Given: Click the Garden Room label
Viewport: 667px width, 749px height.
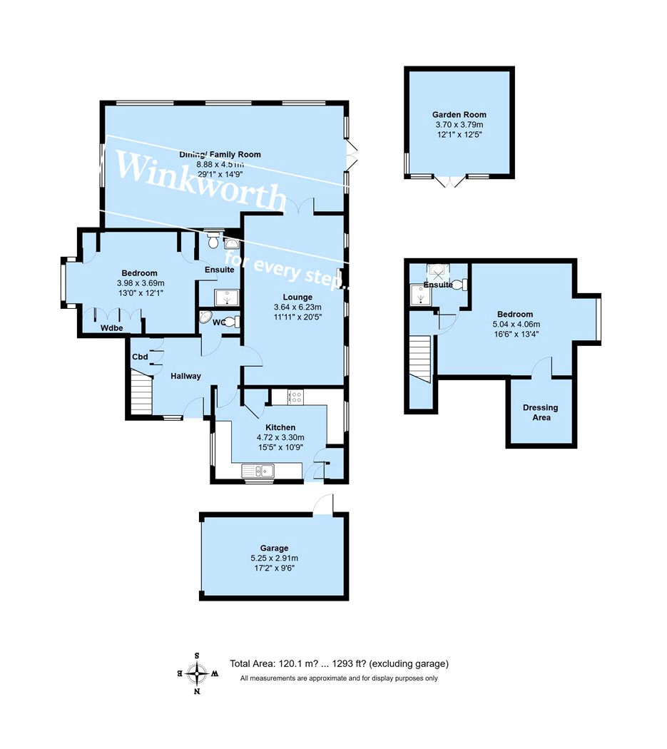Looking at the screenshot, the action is pos(459,115).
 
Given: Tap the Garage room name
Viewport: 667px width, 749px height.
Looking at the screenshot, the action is pos(274,548).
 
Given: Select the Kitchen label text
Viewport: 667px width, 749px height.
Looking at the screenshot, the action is pos(280,427).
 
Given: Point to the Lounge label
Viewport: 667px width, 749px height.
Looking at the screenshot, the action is pos(297,297).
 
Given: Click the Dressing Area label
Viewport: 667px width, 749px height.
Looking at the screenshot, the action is pos(541,412).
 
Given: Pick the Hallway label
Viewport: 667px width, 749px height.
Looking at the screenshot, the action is pos(186,376).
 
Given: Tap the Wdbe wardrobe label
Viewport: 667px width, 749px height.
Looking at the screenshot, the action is pos(112,328).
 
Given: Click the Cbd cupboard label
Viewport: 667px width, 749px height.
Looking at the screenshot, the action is pos(140,357).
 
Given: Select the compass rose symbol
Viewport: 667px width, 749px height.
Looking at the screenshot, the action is pos(197,673).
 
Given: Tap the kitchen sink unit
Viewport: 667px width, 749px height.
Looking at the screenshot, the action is pos(258,471).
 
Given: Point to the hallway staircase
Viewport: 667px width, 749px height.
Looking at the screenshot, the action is pos(141,392).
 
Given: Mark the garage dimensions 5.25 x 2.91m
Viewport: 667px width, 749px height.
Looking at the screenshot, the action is pos(274,558).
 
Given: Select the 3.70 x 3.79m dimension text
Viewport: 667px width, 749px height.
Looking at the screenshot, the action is pos(459,125).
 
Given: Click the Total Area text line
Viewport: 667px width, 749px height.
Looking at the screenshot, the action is pos(340,663).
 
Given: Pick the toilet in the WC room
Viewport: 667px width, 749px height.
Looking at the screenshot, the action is pos(233,322).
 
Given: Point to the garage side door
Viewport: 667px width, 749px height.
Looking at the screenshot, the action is pos(323,504).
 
